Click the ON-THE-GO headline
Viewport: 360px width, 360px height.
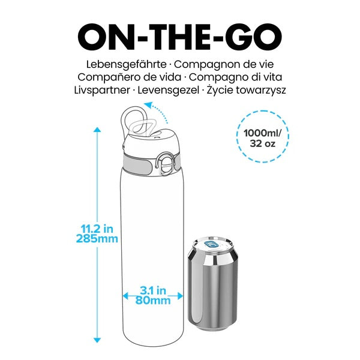pyautogui.click(x=179, y=37)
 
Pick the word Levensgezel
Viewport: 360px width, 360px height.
pyautogui.click(x=170, y=90)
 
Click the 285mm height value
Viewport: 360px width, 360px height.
pyautogui.click(x=97, y=239)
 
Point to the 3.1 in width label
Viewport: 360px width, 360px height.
pyautogui.click(x=152, y=290)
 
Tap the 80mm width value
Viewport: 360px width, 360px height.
pyautogui.click(x=152, y=300)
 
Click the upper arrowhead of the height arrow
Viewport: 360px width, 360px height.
pyautogui.click(x=96, y=129)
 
